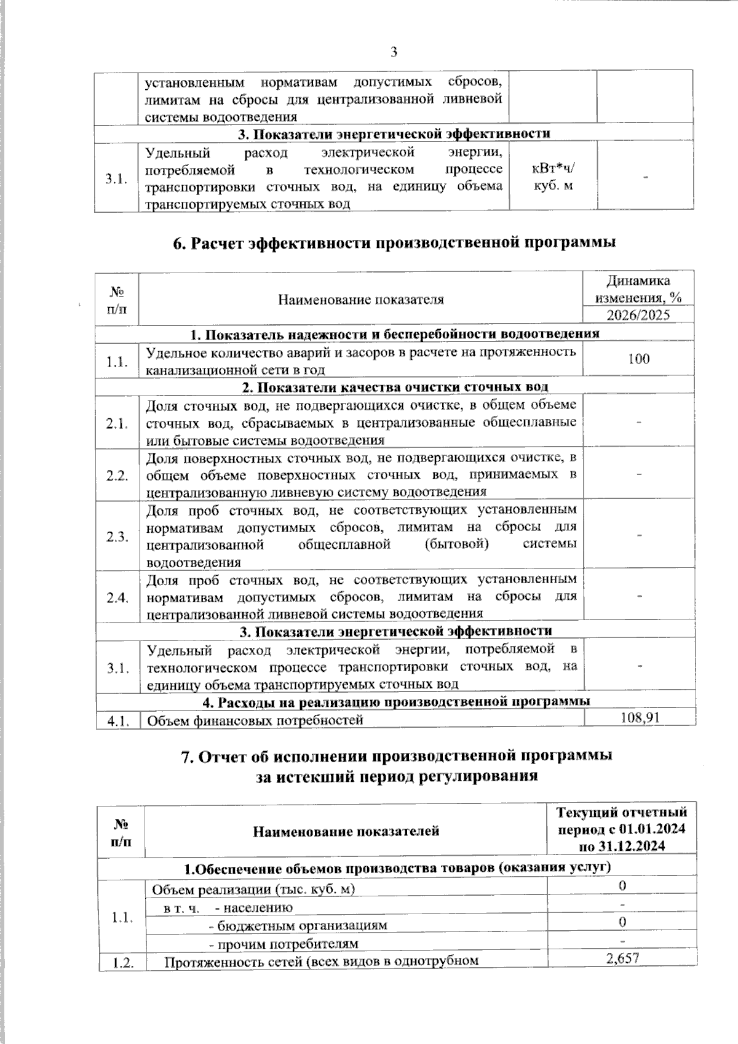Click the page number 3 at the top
coord(394,52)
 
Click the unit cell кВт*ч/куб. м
coord(553,177)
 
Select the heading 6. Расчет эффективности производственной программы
coord(394,242)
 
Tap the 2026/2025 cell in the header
coord(638,316)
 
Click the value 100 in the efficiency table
coord(639,359)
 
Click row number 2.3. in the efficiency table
coord(117,536)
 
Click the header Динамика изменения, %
coord(638,289)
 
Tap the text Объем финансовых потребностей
coord(255,720)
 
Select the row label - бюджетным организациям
coord(299,925)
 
